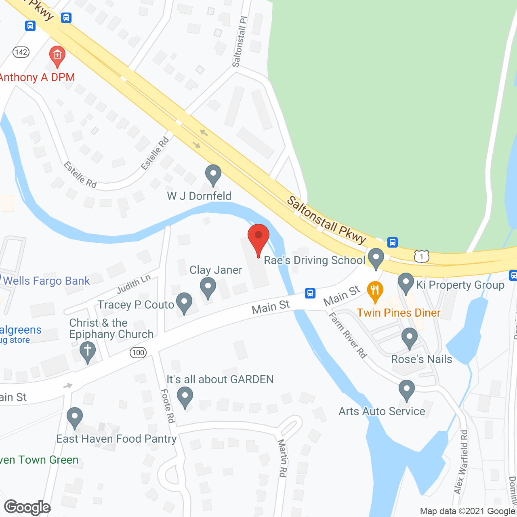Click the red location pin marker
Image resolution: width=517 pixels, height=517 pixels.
[258, 239]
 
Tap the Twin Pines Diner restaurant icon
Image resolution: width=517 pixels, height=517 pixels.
[375, 291]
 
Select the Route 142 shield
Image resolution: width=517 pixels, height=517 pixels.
[21, 52]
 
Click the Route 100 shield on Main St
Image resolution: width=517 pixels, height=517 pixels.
[138, 353]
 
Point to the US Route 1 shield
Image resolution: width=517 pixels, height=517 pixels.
[421, 256]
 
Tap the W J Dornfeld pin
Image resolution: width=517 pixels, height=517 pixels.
[213, 175]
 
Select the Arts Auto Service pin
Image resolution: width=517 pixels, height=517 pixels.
[407, 390]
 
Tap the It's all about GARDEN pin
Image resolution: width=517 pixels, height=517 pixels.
[185, 397]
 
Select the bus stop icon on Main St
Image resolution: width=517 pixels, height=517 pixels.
[310, 293]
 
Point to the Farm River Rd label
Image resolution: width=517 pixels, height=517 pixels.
[348, 335]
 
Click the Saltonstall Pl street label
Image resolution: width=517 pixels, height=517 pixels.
[240, 42]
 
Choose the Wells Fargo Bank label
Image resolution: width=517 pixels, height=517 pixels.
[46, 281]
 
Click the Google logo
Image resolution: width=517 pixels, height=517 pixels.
[27, 507]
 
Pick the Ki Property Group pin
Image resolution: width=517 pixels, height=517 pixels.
[406, 283]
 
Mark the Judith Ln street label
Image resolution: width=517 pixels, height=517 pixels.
[134, 284]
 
